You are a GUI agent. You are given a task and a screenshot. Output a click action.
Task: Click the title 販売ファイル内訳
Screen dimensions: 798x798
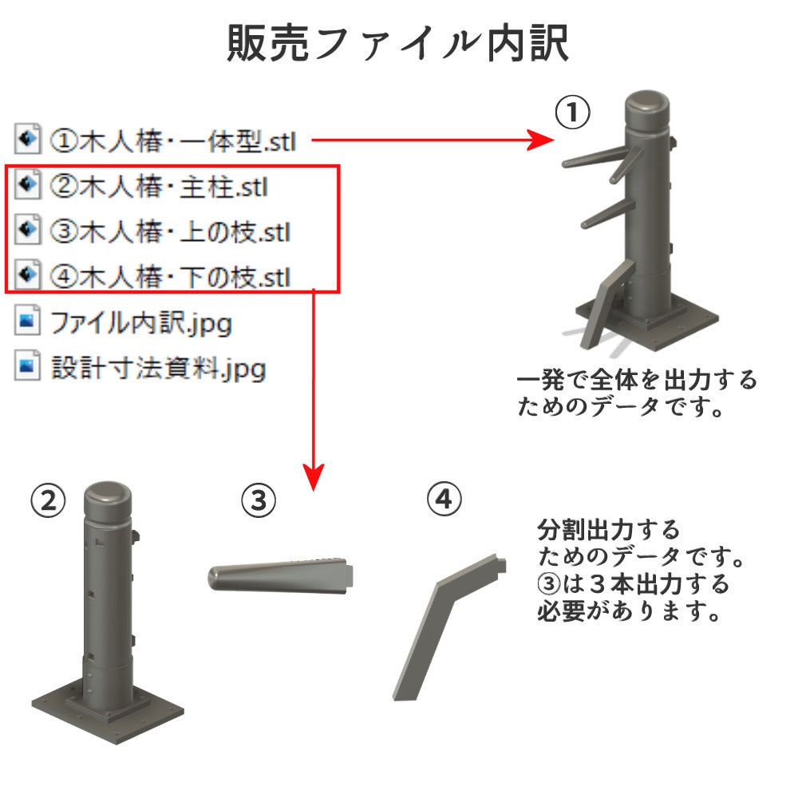(x=397, y=44)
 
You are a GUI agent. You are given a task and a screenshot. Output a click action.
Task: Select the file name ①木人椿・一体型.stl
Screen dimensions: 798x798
(x=172, y=141)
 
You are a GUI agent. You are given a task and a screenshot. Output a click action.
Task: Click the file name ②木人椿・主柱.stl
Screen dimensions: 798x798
(x=158, y=186)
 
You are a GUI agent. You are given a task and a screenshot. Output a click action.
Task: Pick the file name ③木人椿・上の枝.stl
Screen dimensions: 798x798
(x=170, y=231)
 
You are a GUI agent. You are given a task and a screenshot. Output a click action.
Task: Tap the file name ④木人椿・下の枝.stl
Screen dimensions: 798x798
(x=170, y=277)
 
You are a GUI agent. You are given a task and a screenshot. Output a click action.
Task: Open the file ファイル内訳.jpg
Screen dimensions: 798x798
(x=141, y=323)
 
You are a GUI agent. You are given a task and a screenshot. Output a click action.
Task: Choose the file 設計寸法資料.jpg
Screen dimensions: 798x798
(x=158, y=368)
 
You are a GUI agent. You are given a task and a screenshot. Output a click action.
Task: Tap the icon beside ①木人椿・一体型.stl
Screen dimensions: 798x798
(x=27, y=138)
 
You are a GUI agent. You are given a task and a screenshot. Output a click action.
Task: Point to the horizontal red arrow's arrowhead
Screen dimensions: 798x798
(x=540, y=140)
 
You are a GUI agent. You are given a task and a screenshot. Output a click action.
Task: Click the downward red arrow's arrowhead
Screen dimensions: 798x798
(x=314, y=477)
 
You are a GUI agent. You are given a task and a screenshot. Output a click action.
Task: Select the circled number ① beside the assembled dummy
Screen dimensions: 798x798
(x=572, y=113)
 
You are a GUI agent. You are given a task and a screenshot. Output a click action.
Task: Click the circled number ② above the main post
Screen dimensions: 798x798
(x=49, y=501)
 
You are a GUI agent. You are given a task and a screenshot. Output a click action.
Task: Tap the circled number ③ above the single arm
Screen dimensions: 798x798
(x=259, y=501)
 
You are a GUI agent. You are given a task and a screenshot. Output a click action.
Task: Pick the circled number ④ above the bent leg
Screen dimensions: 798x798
(x=444, y=500)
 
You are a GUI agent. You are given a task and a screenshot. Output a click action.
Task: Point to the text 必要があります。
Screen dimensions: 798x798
(x=629, y=610)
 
